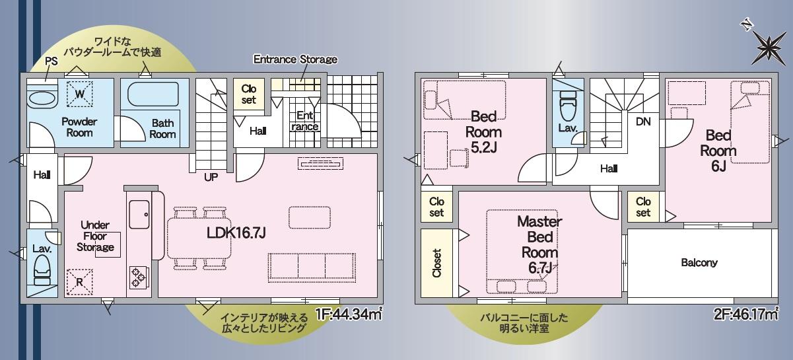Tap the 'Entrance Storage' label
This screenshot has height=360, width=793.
point(295,59)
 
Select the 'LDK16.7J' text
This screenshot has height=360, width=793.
point(236,233)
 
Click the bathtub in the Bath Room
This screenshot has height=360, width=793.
point(153,94)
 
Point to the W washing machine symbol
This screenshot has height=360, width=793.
point(80,94)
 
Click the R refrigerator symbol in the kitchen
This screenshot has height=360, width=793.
point(80,282)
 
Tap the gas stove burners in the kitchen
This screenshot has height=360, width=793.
point(139,277)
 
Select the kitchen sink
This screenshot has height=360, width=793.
point(139,215)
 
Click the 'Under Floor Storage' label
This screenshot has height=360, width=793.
point(95,236)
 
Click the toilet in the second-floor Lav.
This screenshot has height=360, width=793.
point(569,104)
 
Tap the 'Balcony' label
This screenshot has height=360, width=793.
point(699,262)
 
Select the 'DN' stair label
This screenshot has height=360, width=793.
point(643,122)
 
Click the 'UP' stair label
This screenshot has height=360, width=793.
point(211,177)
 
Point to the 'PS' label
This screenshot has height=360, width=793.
point(52,61)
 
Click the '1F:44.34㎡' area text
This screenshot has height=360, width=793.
point(349,314)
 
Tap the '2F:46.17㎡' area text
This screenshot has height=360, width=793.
point(746,314)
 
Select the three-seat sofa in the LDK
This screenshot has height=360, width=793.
point(312,268)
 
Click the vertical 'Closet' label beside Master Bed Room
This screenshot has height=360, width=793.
point(437,263)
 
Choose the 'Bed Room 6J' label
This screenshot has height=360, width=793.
point(718,151)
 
